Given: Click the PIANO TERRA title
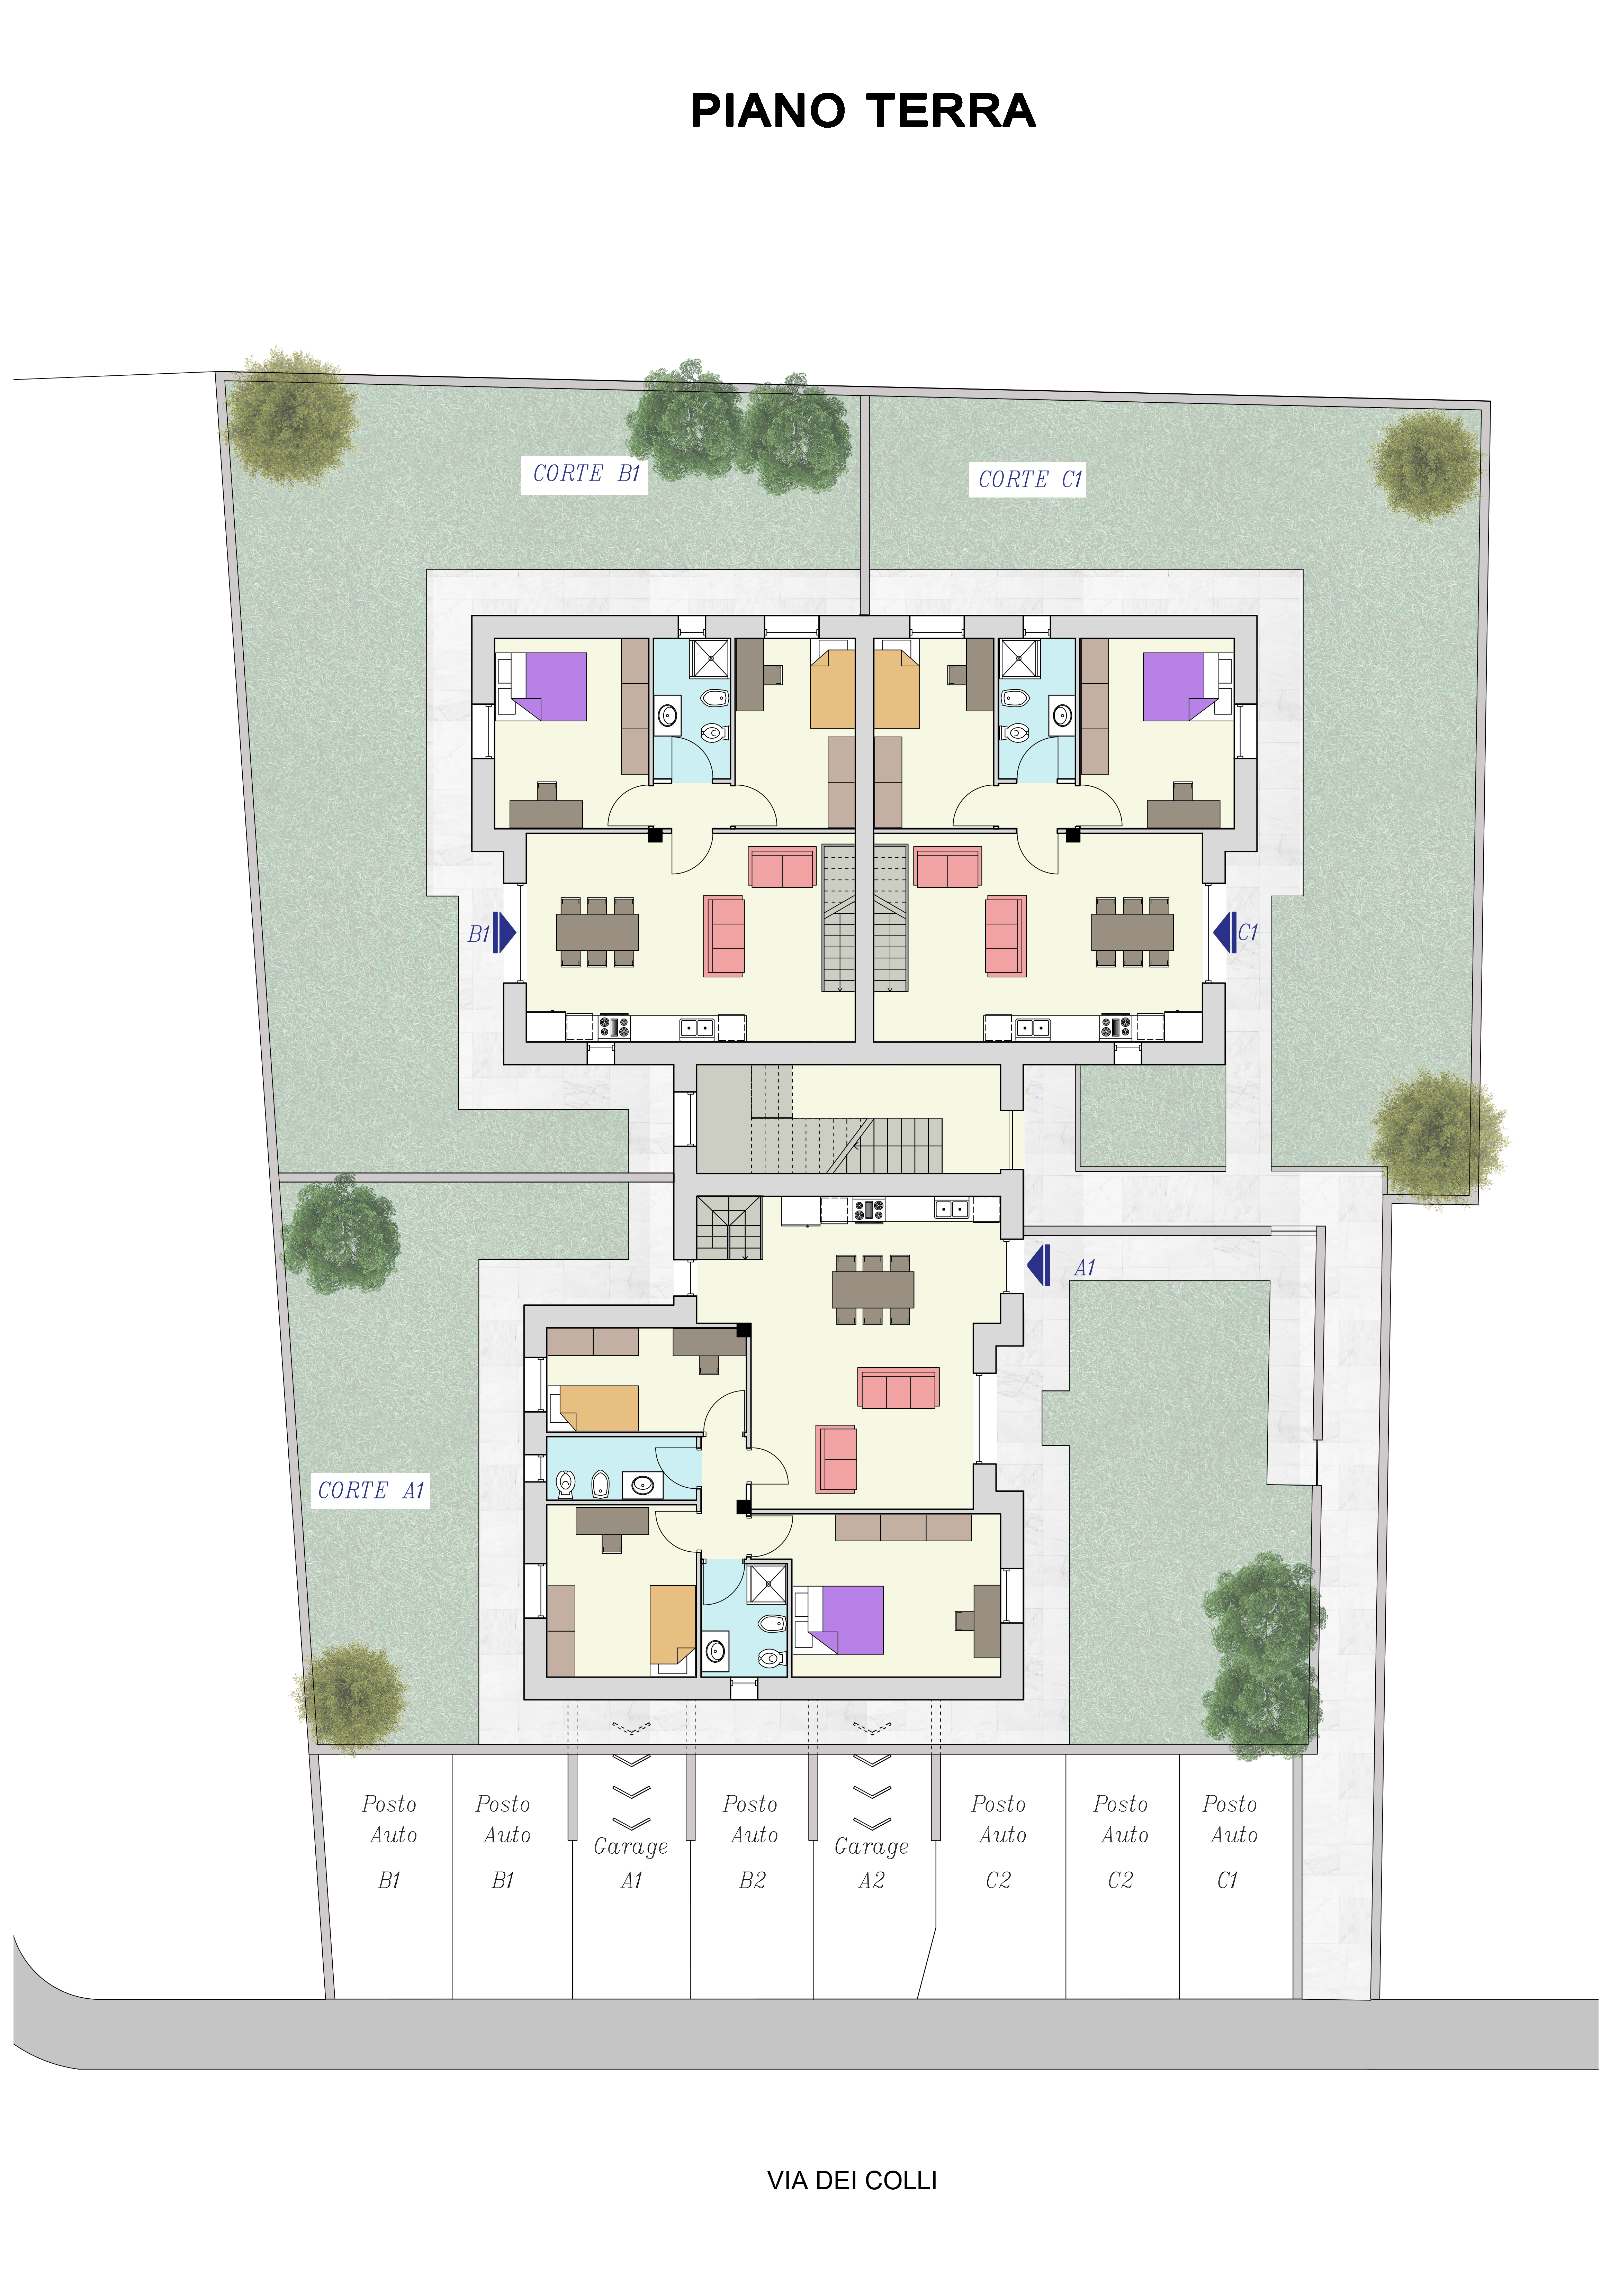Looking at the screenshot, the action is [x=863, y=111].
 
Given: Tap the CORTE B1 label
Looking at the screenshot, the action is [x=586, y=474].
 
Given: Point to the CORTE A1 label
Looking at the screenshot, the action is [x=371, y=1491].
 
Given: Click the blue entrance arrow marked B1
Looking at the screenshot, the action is [x=504, y=933].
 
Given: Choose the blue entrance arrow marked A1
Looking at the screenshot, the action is [x=1039, y=1265].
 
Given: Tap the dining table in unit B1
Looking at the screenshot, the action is [x=597, y=932].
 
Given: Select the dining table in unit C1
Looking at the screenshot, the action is [x=1132, y=932].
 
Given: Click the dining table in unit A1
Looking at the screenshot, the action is [x=872, y=1289].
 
